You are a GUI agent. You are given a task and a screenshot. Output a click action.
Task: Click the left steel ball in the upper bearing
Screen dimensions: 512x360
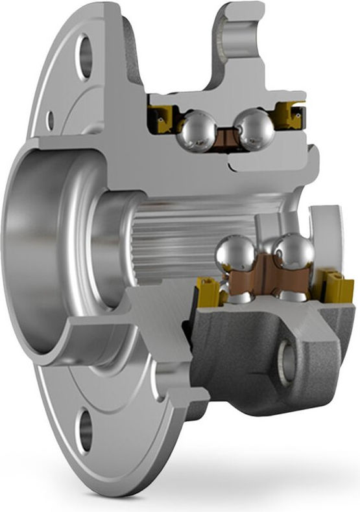[x=198, y=131]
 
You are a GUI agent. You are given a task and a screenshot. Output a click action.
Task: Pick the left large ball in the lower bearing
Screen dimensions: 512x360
[x=235, y=254]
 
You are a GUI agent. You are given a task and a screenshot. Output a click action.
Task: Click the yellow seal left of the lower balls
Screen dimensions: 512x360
[x=208, y=292]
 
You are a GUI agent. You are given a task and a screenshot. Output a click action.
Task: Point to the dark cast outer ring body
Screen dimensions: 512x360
[x=246, y=363]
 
